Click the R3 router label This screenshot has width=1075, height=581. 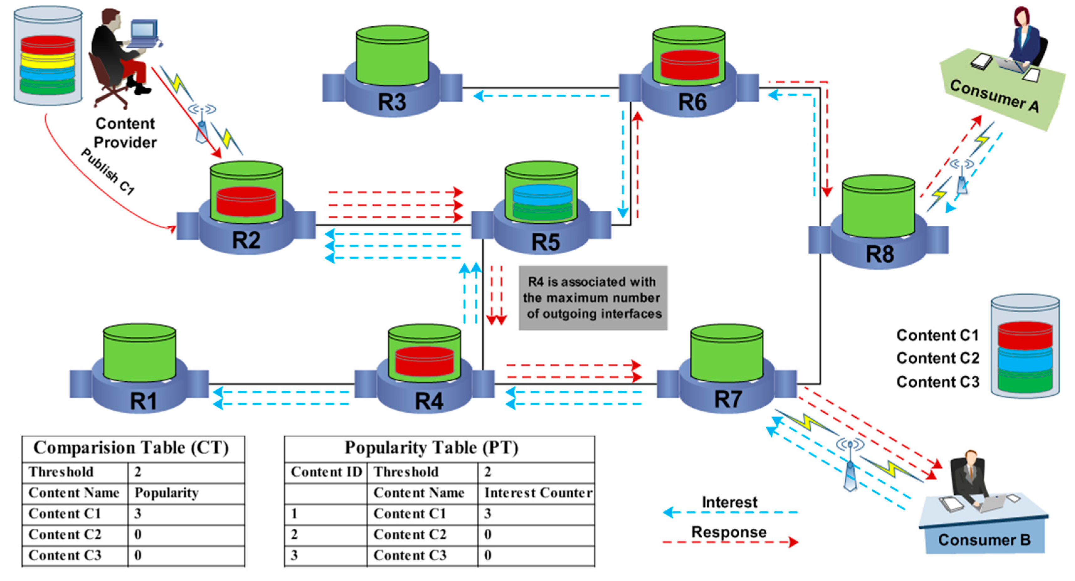391,102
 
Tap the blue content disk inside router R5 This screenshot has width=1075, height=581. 542,195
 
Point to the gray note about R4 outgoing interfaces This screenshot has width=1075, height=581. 593,298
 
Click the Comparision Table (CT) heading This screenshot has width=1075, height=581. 131,448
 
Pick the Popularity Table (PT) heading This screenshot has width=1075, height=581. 431,448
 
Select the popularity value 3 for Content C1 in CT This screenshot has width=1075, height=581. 138,513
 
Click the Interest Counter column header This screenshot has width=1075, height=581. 537,493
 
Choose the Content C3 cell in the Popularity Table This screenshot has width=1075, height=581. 410,555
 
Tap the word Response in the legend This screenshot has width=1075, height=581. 729,532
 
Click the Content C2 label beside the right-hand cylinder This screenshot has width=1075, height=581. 937,358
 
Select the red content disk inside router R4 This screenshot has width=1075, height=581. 424,361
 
